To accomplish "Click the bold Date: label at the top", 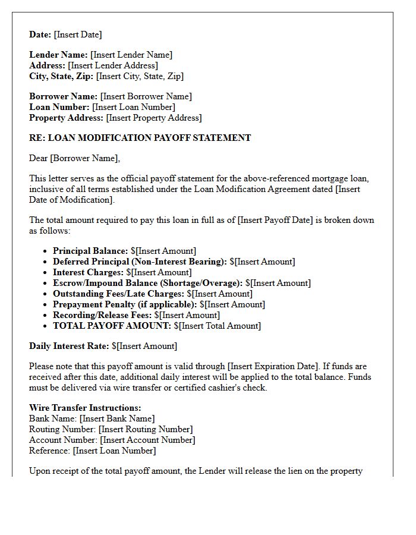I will [40, 34].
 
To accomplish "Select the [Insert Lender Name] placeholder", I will [131, 55].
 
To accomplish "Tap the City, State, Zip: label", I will [61, 76].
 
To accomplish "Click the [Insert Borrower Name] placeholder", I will [146, 96].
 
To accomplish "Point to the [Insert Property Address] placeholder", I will [153, 118].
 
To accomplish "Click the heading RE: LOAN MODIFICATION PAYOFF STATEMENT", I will [140, 138].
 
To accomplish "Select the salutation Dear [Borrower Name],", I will [74, 158].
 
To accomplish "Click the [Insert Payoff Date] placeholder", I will [275, 220].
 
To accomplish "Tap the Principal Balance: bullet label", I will [90, 251].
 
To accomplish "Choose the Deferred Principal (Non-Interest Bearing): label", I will [140, 262].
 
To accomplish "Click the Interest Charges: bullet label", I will [88, 272].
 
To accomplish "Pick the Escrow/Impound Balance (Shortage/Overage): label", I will [147, 283].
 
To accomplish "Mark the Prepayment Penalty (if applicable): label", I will [125, 304].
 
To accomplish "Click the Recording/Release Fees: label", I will [102, 315].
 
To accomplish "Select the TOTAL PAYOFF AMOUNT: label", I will [112, 326].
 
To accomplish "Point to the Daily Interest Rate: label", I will [69, 346].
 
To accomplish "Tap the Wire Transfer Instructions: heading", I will [85, 408].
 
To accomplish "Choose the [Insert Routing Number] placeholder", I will [146, 429].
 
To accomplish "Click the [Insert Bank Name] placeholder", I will [117, 418].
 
